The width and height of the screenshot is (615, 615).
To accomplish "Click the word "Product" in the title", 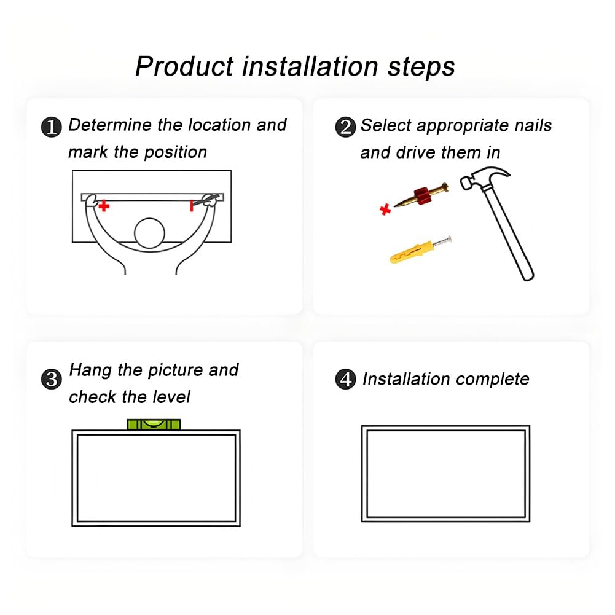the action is click(185, 66).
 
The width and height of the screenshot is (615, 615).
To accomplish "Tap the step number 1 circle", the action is click(52, 127).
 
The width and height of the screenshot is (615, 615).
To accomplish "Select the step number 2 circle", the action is click(345, 127).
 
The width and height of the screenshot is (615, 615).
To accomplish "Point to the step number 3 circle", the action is click(52, 379).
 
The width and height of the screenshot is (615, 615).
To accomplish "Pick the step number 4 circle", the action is click(345, 379).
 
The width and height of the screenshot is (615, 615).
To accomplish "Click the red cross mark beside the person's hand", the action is click(104, 206).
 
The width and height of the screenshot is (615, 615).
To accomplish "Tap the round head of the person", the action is click(149, 233).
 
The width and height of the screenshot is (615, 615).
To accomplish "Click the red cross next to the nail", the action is click(385, 210).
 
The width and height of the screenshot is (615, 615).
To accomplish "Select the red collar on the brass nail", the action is click(423, 195).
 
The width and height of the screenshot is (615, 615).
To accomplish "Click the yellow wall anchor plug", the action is click(411, 252).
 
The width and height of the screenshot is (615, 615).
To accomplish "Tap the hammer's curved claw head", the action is click(485, 178).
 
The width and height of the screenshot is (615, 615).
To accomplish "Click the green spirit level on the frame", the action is click(154, 425).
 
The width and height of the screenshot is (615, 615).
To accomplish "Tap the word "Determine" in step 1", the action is click(110, 125).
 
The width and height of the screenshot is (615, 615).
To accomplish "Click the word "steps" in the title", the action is click(421, 67).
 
